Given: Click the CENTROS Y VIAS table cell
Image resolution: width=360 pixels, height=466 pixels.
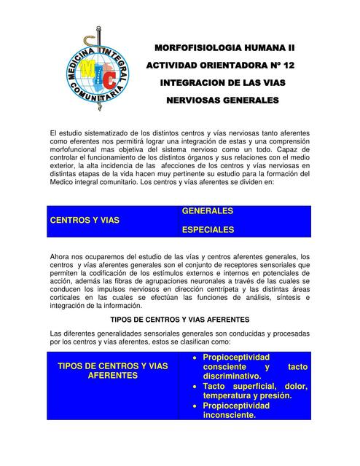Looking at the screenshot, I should tap(85, 219).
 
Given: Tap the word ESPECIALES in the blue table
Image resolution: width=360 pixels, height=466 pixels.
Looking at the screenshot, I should tap(208, 229).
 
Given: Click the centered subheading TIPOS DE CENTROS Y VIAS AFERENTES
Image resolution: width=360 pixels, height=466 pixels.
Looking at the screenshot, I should tap(179, 320).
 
